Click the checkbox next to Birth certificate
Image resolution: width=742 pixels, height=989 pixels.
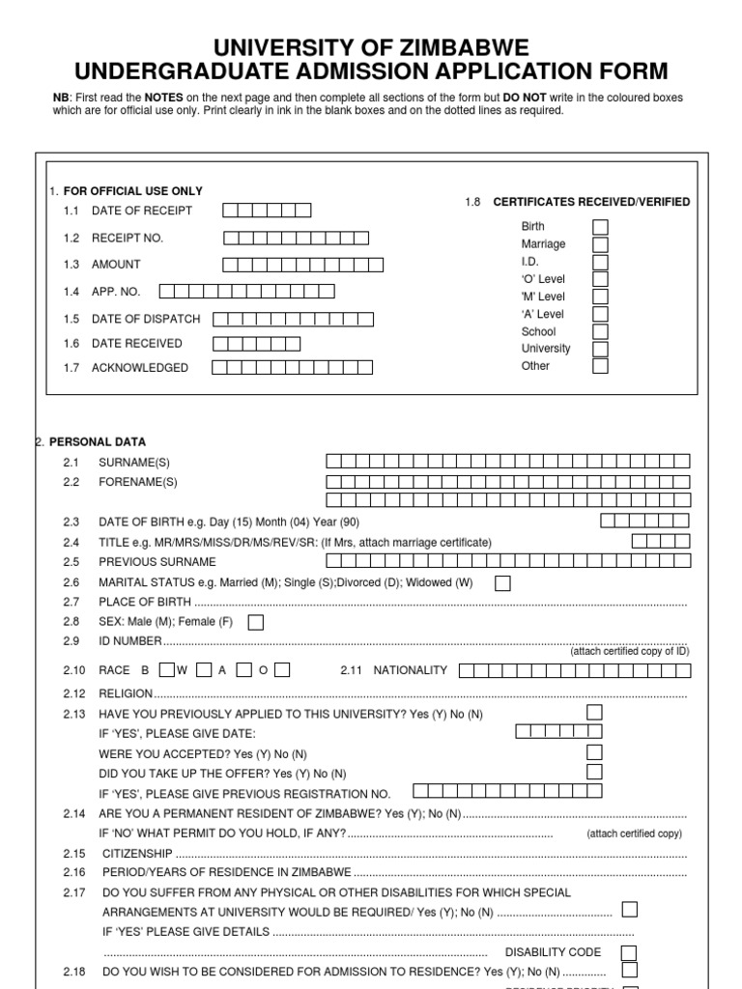[600, 227]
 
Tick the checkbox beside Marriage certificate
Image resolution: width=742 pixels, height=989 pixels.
[600, 244]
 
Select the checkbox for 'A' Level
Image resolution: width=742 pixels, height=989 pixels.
[600, 314]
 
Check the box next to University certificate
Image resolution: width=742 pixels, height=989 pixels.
[600, 349]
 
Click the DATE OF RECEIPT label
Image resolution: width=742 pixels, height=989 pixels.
[141, 211]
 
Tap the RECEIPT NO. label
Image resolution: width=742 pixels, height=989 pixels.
[128, 238]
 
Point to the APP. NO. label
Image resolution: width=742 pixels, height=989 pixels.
[115, 291]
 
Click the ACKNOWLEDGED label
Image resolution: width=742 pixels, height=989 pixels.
[140, 368]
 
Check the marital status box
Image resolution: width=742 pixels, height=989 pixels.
[502, 583]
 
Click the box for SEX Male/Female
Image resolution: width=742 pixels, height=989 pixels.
[256, 622]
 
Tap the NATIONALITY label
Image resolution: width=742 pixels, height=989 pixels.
[411, 670]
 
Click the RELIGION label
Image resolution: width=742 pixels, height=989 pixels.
[126, 693]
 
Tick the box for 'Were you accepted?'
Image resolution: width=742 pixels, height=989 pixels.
[594, 752]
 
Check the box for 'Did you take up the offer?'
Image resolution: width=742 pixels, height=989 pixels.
[594, 772]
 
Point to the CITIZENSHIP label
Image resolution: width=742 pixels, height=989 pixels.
[135, 854]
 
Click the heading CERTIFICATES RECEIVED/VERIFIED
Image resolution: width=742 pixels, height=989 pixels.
[591, 202]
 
